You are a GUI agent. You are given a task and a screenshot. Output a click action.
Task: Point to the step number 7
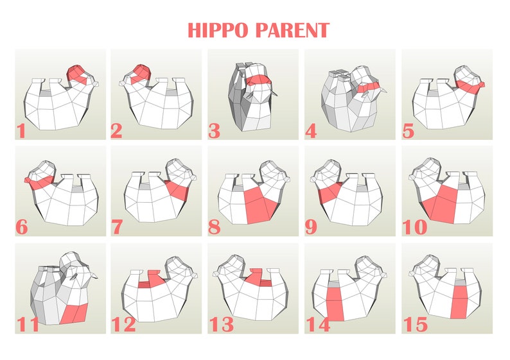point(118,227)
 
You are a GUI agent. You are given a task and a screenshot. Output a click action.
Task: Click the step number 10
point(415,227)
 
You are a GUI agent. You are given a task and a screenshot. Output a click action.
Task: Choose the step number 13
point(221,324)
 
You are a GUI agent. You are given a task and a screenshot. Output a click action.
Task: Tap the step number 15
point(415,324)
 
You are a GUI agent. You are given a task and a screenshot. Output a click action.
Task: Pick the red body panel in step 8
point(260,204)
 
